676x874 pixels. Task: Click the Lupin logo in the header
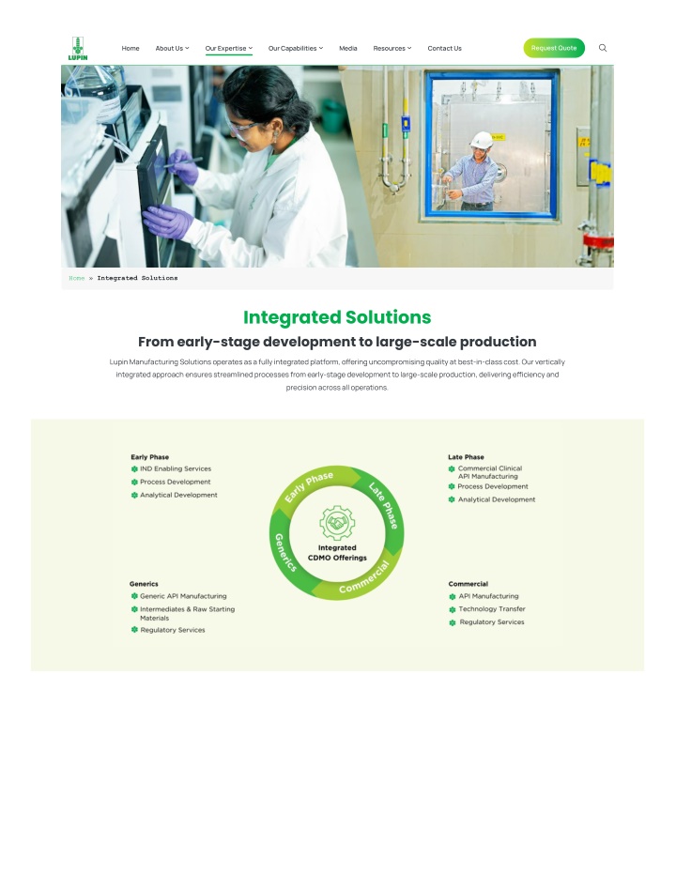pyautogui.click(x=78, y=49)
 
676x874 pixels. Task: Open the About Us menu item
pyautogui.click(x=172, y=49)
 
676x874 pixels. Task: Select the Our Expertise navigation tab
pyautogui.click(x=228, y=49)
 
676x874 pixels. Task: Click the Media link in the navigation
pyautogui.click(x=347, y=49)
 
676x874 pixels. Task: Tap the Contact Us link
pyautogui.click(x=444, y=49)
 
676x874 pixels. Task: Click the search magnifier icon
pyautogui.click(x=603, y=48)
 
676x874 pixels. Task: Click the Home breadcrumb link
pyautogui.click(x=76, y=278)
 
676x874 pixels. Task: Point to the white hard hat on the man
pyautogui.click(x=481, y=139)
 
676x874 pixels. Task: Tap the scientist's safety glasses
pyautogui.click(x=243, y=130)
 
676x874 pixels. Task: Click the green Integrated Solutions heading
pyautogui.click(x=337, y=317)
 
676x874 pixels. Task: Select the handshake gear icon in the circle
pyautogui.click(x=337, y=523)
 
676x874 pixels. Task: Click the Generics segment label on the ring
pyautogui.click(x=285, y=552)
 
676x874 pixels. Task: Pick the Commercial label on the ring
pyautogui.click(x=364, y=578)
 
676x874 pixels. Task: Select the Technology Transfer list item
pyautogui.click(x=487, y=609)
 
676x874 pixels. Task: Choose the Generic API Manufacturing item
pyautogui.click(x=179, y=596)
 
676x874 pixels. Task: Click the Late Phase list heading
pyautogui.click(x=466, y=457)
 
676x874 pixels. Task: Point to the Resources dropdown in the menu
pyautogui.click(x=392, y=49)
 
